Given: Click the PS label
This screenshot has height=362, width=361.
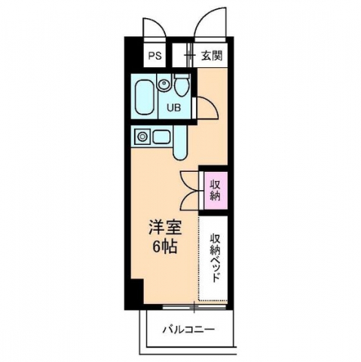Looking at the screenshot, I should (x=154, y=56).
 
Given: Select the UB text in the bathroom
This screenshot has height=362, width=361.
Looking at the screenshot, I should (x=173, y=108).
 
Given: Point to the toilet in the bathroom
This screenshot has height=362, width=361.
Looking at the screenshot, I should (x=182, y=84).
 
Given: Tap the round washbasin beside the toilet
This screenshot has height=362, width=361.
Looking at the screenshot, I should (x=164, y=84).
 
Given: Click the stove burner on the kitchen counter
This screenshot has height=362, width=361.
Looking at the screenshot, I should (x=141, y=137).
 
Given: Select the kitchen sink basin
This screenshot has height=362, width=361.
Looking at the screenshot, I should (x=160, y=137).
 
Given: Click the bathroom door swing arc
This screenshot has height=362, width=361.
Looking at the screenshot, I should (x=207, y=107).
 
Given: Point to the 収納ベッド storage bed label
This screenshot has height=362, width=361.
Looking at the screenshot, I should (x=215, y=257).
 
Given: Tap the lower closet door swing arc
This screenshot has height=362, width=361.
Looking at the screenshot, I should (x=190, y=199).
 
